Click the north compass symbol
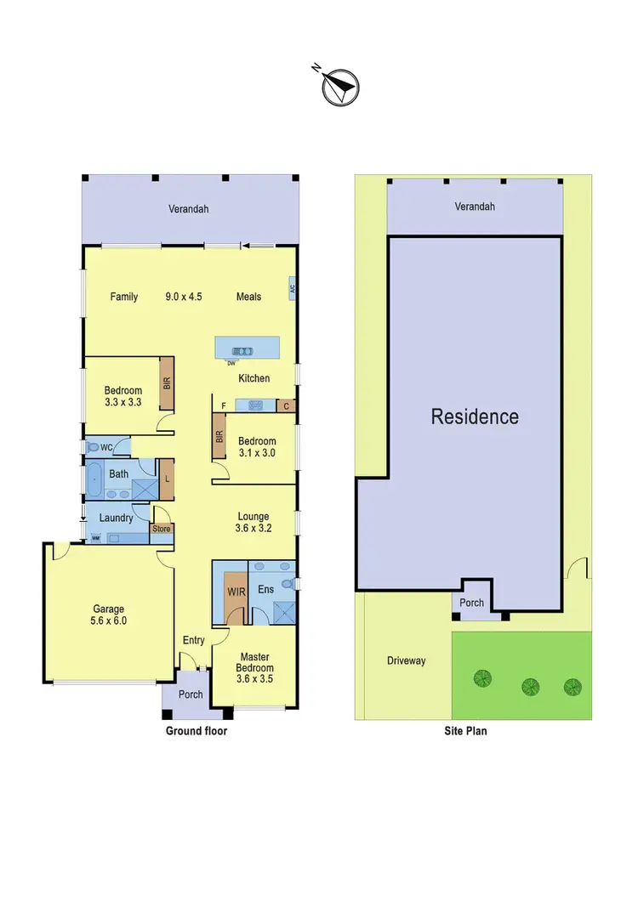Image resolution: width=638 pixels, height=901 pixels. [341, 86]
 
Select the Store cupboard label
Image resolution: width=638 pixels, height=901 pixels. [161, 529]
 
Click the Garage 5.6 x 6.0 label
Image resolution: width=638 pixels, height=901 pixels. [109, 615]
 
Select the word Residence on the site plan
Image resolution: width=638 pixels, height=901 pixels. [474, 416]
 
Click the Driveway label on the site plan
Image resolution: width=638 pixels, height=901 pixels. [406, 660]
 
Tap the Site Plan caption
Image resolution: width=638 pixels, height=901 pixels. [465, 730]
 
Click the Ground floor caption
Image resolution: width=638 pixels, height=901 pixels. [197, 730]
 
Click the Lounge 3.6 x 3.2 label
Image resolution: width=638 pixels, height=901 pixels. [253, 521]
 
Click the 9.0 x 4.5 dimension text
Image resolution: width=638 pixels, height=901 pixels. [183, 297]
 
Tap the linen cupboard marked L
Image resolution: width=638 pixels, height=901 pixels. [167, 479]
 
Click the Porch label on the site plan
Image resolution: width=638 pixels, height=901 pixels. [471, 603]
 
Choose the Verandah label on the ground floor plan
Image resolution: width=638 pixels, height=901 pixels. [188, 208]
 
